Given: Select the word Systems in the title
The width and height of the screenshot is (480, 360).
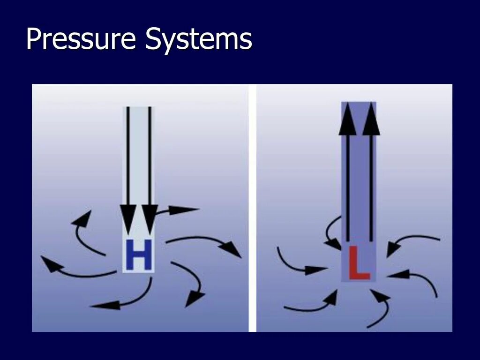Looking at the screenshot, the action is tap(199, 39).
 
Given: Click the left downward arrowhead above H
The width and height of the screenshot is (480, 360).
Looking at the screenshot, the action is tap(127, 219).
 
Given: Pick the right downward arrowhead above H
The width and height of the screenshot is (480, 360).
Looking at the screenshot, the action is tap(150, 219).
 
